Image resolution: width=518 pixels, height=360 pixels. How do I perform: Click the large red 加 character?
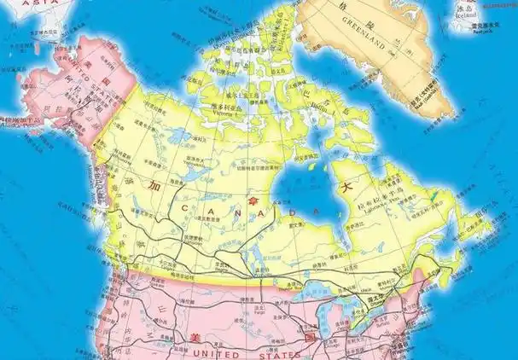click(177, 186)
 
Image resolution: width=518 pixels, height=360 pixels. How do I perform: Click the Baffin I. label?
click(318, 107)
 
